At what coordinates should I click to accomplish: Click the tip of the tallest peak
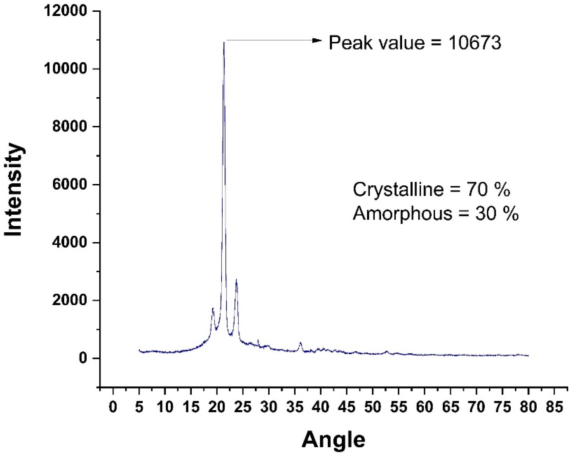pyautogui.click(x=224, y=42)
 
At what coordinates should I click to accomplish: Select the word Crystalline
pyautogui.click(x=398, y=190)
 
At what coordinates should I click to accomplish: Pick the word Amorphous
pyautogui.click(x=402, y=214)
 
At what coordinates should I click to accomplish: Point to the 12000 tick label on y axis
pyautogui.click(x=65, y=11)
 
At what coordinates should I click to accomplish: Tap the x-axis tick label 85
pyautogui.click(x=554, y=407)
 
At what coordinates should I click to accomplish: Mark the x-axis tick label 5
pyautogui.click(x=139, y=407)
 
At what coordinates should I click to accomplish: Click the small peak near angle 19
pyautogui.click(x=213, y=309)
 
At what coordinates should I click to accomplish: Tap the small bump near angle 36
pyautogui.click(x=301, y=343)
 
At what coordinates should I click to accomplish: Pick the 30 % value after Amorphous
pyautogui.click(x=497, y=214)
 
